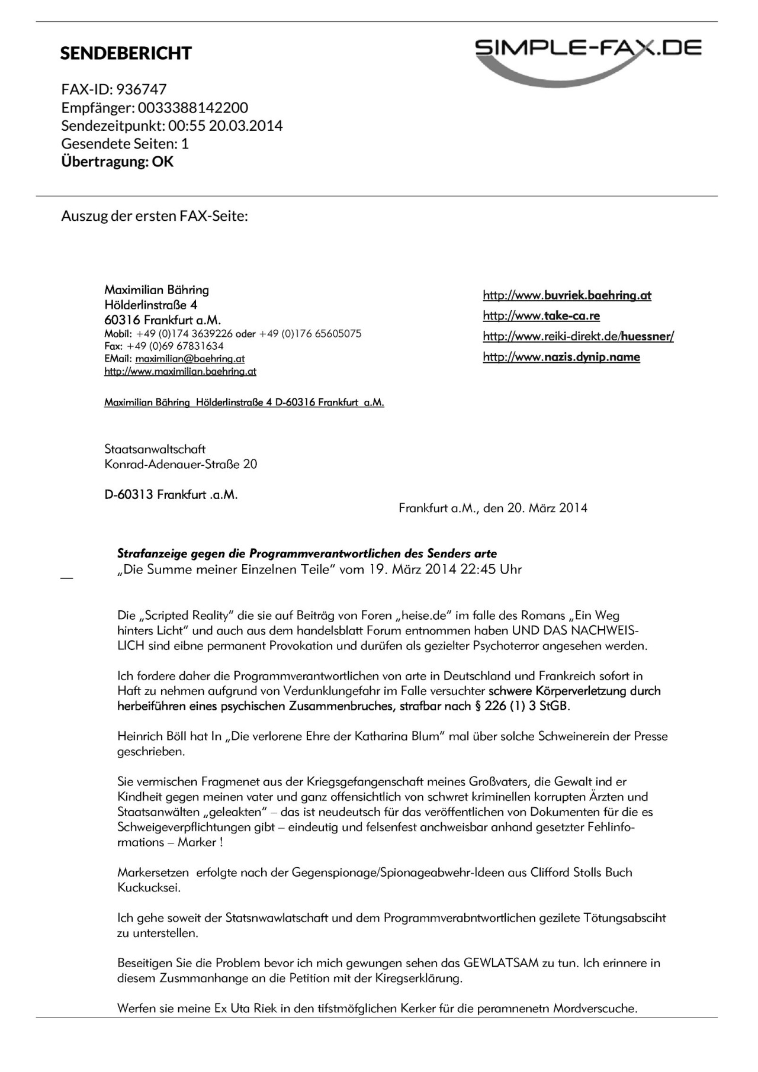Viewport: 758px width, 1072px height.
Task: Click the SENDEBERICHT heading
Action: (126, 53)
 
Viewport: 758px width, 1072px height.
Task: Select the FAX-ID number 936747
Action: (142, 89)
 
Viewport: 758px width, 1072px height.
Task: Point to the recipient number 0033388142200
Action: (193, 108)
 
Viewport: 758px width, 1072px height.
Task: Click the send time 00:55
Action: (184, 125)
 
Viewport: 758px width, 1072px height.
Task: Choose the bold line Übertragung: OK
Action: (117, 162)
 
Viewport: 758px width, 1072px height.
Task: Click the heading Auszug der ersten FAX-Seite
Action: (154, 216)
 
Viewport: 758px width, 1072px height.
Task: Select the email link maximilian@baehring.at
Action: (189, 359)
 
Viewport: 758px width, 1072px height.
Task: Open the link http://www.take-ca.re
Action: (541, 316)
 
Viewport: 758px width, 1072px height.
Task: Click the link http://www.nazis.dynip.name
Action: (561, 357)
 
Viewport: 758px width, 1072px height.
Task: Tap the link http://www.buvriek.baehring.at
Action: (567, 295)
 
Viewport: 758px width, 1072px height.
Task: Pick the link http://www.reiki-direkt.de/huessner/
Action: (578, 336)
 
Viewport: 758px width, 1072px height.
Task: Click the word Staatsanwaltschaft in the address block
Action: (155, 449)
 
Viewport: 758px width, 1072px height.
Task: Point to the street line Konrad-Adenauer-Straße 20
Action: (181, 464)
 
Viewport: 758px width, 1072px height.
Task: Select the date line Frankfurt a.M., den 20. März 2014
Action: (493, 508)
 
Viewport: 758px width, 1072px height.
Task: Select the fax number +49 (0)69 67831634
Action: (175, 346)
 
